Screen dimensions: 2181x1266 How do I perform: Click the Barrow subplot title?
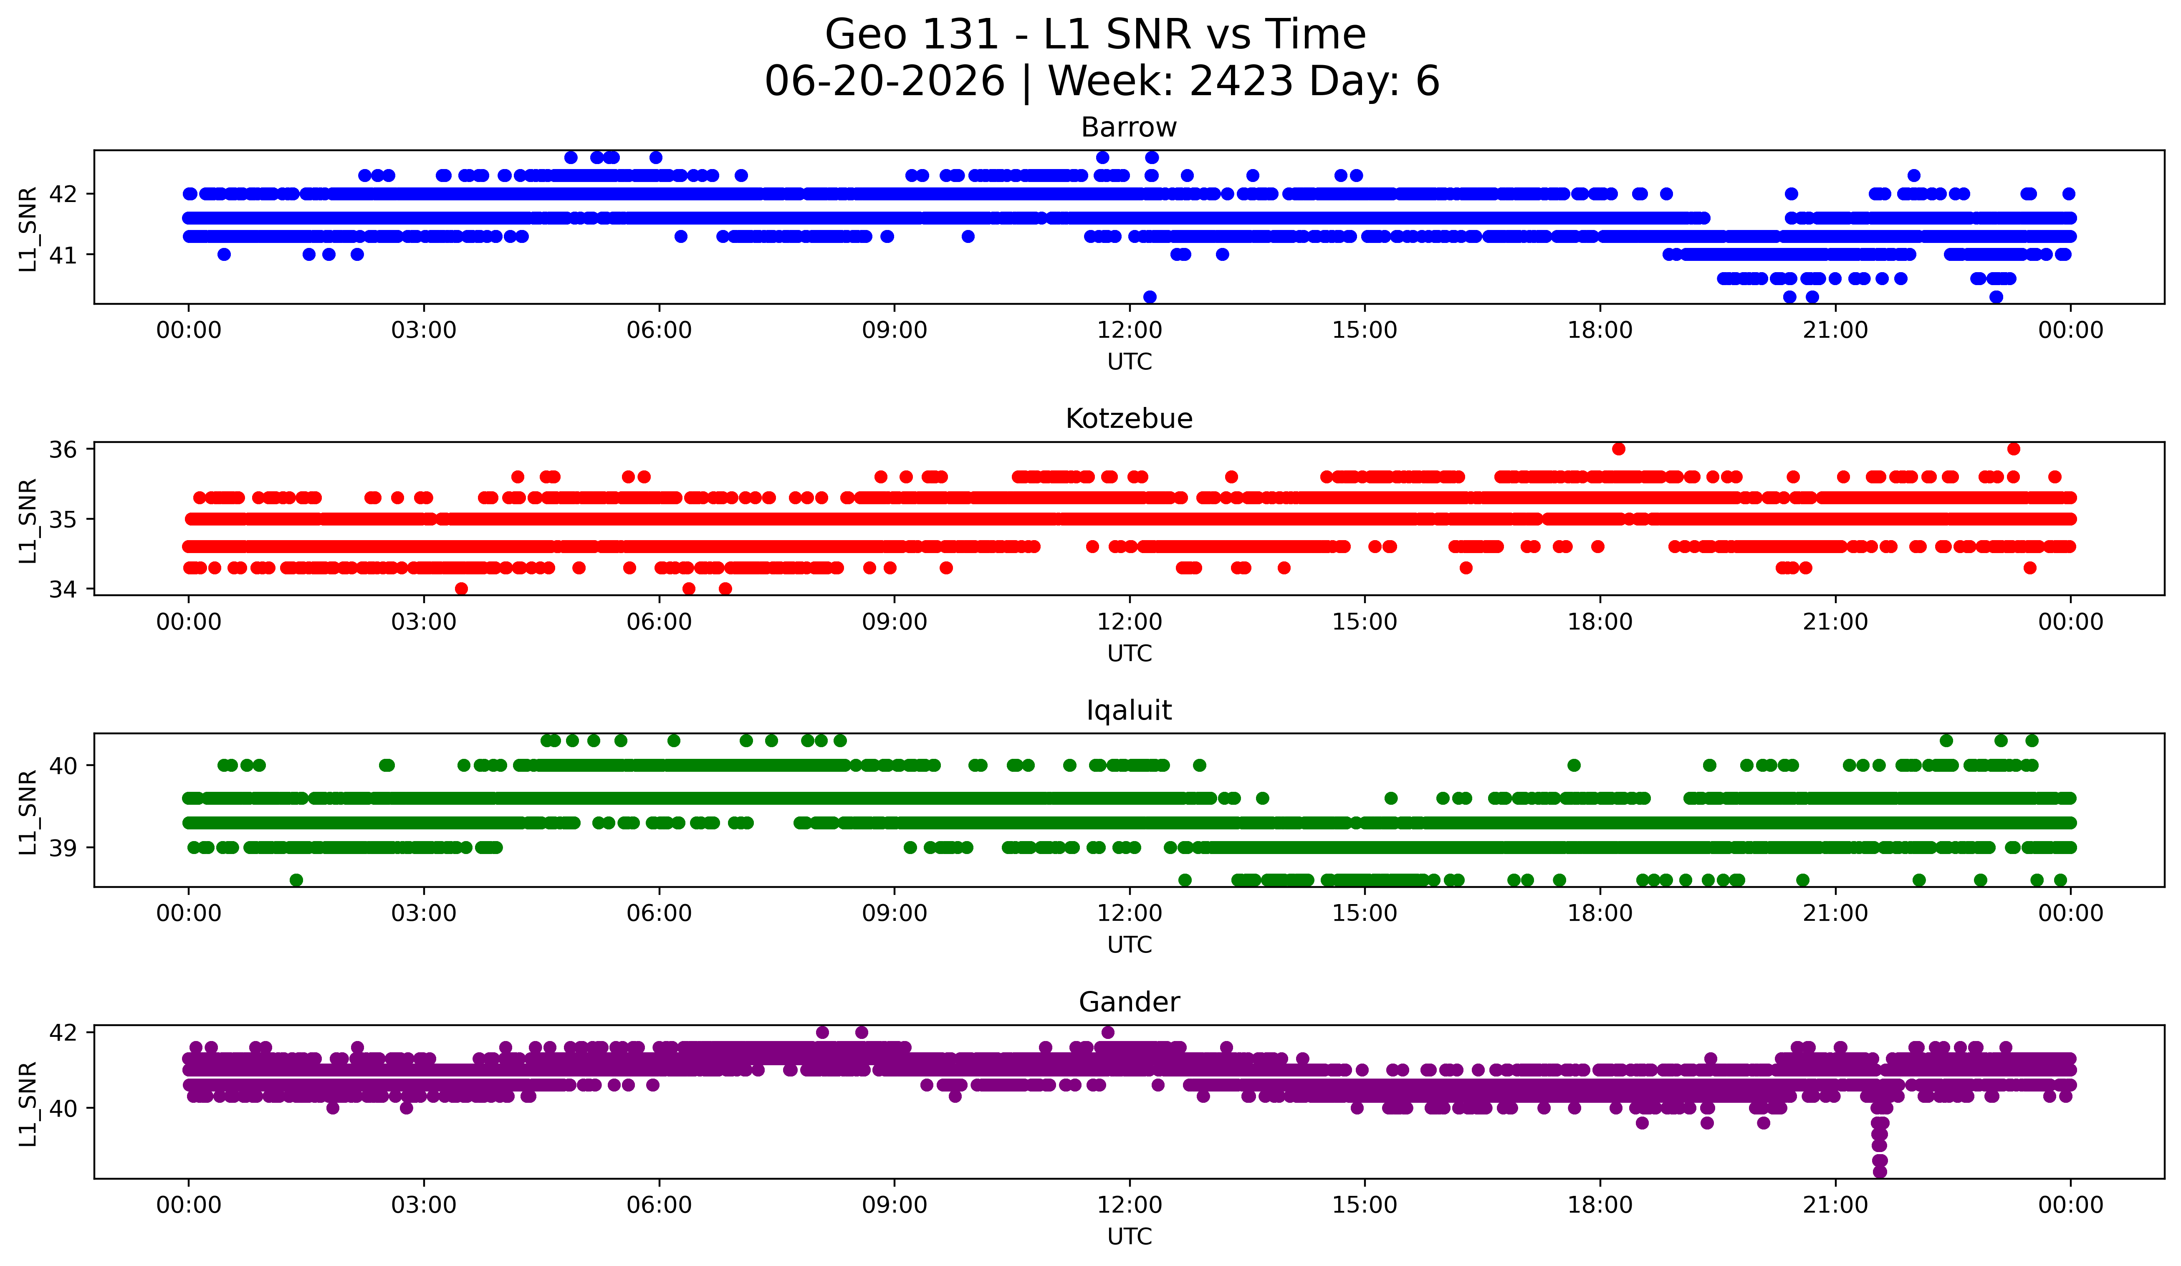coord(1129,127)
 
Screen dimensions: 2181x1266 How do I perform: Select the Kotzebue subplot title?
coord(1129,419)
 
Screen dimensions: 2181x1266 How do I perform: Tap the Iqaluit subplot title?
coord(1129,710)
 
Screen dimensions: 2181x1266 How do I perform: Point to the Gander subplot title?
coord(1129,1002)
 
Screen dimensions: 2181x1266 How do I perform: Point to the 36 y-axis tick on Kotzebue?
coord(62,449)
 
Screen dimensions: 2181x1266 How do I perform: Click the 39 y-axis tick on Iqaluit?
coord(62,848)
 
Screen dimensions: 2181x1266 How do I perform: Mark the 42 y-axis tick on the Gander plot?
coord(62,1032)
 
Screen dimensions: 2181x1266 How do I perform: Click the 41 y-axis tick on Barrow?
coord(62,255)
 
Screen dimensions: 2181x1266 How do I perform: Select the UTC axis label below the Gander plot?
coord(1129,1237)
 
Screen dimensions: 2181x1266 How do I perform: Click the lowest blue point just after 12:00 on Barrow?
coord(1149,297)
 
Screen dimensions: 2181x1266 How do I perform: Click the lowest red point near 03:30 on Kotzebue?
coord(461,589)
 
